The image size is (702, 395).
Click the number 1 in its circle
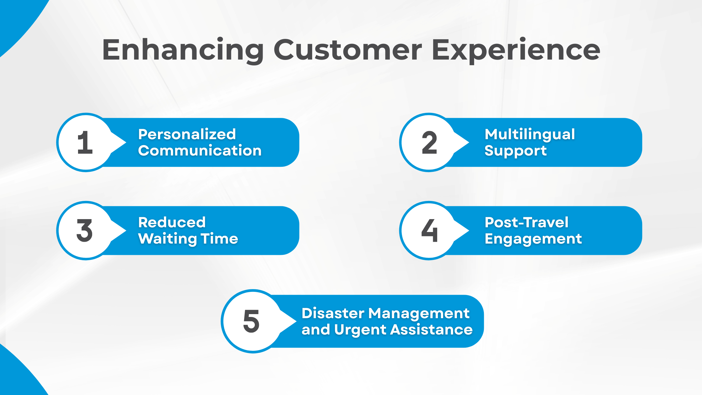pyautogui.click(x=85, y=143)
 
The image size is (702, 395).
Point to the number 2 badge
pyautogui.click(x=429, y=143)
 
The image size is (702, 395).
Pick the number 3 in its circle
pyautogui.click(x=85, y=231)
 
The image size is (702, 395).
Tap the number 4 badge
pyautogui.click(x=429, y=231)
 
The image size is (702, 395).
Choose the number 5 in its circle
pyautogui.click(x=251, y=321)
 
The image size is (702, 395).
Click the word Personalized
pyautogui.click(x=187, y=134)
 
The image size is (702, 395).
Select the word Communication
pyautogui.click(x=200, y=151)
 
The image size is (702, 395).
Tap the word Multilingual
pyautogui.click(x=530, y=134)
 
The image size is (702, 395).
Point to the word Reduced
pyautogui.click(x=172, y=223)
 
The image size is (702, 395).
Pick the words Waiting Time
pyautogui.click(x=188, y=239)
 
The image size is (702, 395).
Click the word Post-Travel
pyautogui.click(x=526, y=223)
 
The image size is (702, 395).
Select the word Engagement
pyautogui.click(x=533, y=239)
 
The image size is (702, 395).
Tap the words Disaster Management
pyautogui.click(x=385, y=313)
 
